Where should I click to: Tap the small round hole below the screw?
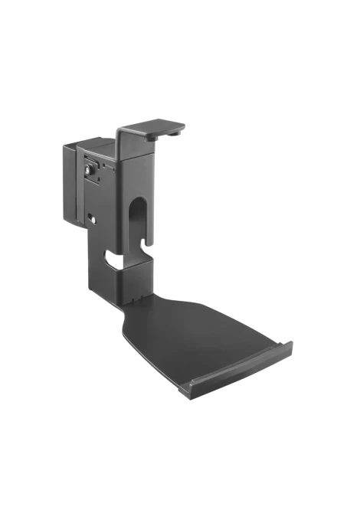93,218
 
